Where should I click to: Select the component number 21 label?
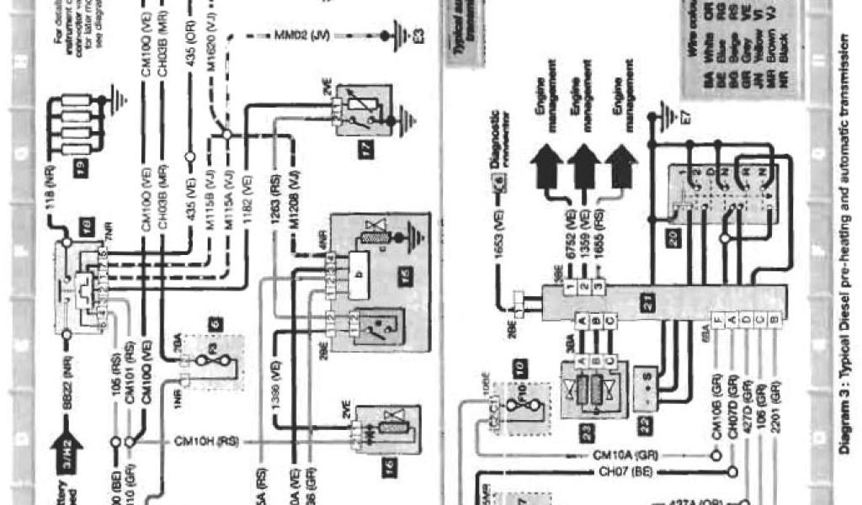[648, 306]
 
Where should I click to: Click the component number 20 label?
[672, 238]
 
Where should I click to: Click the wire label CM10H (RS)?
[206, 440]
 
